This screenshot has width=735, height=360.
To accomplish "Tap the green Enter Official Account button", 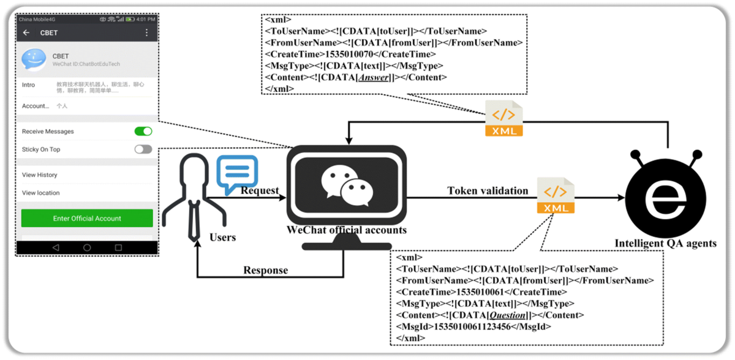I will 87,218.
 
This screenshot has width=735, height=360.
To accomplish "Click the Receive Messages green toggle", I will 143,131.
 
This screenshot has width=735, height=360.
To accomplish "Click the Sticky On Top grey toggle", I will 143,149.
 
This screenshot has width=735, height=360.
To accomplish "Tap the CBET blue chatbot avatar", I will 33,60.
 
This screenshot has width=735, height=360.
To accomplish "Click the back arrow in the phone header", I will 26,32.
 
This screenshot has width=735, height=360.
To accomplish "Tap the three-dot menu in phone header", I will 147,32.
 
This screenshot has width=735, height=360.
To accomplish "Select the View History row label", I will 40,174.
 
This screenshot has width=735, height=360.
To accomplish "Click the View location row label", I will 41,192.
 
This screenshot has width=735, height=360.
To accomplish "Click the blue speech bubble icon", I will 237,173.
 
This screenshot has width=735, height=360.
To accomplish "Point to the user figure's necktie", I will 194,220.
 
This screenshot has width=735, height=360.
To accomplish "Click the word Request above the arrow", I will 260,190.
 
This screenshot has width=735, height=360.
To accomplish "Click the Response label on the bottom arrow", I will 265,270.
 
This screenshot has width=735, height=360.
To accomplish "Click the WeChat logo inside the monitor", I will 347,184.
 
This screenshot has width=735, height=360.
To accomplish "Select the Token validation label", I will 488,190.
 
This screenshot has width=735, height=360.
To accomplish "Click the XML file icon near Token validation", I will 556,195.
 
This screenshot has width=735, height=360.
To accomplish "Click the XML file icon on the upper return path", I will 504,118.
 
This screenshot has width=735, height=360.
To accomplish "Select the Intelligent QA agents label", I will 665,243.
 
